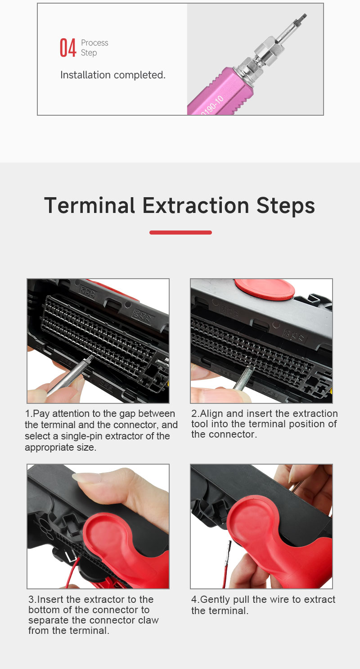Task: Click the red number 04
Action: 68,47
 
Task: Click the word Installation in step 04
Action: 85,75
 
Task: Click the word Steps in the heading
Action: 286,207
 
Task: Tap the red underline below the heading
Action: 180,232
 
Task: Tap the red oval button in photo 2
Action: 264,289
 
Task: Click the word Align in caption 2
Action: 211,414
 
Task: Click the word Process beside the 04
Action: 94,43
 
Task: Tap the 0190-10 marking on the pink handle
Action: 212,105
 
